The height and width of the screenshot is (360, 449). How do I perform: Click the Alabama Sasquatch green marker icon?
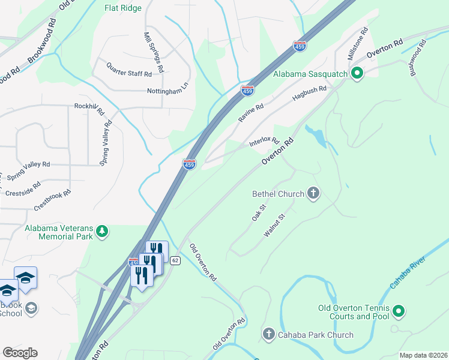click(357, 74)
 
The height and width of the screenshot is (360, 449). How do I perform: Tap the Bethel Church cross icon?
click(313, 193)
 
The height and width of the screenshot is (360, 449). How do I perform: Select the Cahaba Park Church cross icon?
click(268, 334)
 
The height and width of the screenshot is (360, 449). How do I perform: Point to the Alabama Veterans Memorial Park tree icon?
click(103, 231)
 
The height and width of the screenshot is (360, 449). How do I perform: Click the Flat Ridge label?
click(122, 8)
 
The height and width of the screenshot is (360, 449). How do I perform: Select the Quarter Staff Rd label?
click(129, 70)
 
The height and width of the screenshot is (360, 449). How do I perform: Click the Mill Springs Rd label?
click(154, 52)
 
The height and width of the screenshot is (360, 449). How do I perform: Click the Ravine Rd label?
click(251, 113)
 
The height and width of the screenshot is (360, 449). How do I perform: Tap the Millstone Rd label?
click(357, 43)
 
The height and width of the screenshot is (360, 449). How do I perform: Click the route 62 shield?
click(175, 260)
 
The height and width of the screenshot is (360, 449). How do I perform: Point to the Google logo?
click(20, 352)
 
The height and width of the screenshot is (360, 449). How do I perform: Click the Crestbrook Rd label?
click(53, 200)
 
